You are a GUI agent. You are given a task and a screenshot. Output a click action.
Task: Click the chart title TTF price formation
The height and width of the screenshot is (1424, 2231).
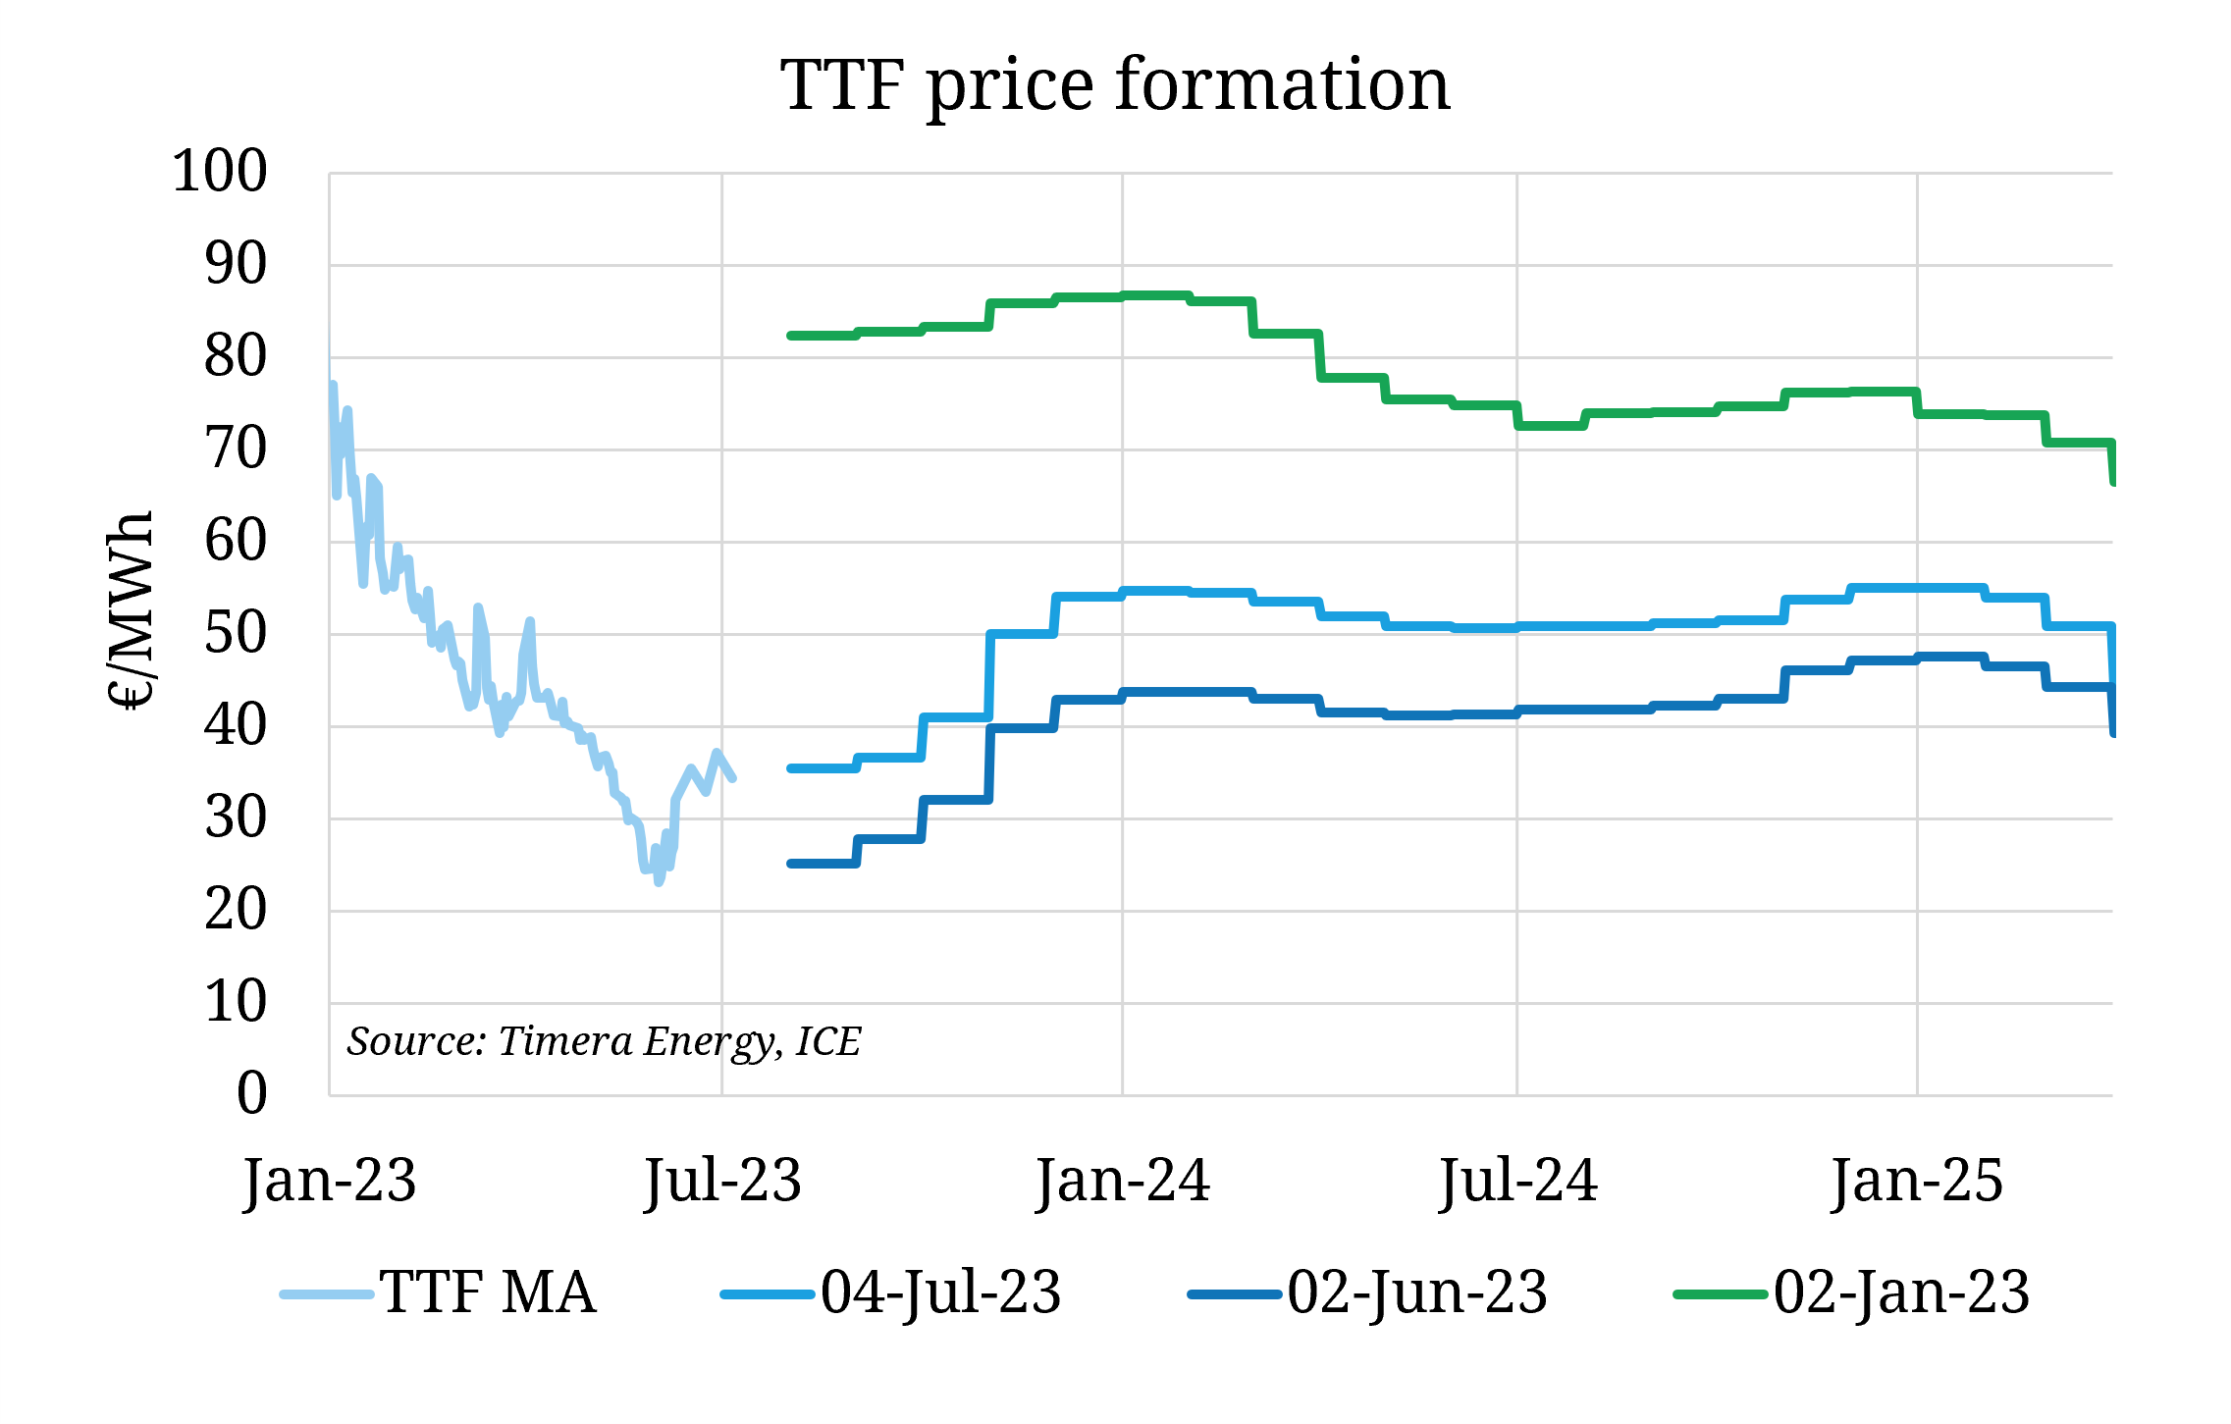click(1115, 84)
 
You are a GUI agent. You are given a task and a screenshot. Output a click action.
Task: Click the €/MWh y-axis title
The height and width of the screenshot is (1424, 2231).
click(130, 609)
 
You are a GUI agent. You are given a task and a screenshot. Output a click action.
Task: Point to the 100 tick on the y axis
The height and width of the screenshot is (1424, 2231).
click(219, 172)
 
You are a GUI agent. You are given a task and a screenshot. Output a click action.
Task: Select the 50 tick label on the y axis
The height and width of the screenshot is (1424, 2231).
click(235, 634)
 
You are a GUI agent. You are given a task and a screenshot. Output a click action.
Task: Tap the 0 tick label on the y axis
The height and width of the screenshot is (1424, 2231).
click(251, 1093)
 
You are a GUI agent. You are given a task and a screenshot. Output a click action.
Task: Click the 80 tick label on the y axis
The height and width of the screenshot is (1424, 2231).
click(235, 357)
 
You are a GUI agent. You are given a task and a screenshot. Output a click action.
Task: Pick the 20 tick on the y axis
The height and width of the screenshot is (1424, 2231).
click(235, 911)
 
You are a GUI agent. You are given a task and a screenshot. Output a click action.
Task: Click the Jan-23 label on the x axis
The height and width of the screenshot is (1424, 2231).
click(330, 1181)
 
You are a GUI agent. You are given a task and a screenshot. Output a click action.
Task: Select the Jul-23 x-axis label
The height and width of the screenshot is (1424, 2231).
click(722, 1181)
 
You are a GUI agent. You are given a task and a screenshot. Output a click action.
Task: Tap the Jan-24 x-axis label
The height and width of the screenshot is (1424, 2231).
click(1123, 1181)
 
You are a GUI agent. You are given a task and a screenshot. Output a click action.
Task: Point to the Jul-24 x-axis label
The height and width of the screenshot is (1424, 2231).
click(1517, 1181)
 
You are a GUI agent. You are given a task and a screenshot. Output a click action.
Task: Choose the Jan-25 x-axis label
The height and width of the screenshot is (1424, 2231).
click(1917, 1181)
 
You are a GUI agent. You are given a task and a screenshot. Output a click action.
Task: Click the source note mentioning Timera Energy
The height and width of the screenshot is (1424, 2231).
click(604, 1041)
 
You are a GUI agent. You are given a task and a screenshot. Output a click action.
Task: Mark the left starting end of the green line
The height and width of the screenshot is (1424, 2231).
click(791, 336)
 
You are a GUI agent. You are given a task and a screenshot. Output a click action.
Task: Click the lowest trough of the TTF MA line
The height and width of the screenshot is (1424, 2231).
click(659, 881)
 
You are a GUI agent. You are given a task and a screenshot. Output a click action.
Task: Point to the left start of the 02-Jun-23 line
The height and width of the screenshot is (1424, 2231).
click(791, 864)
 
